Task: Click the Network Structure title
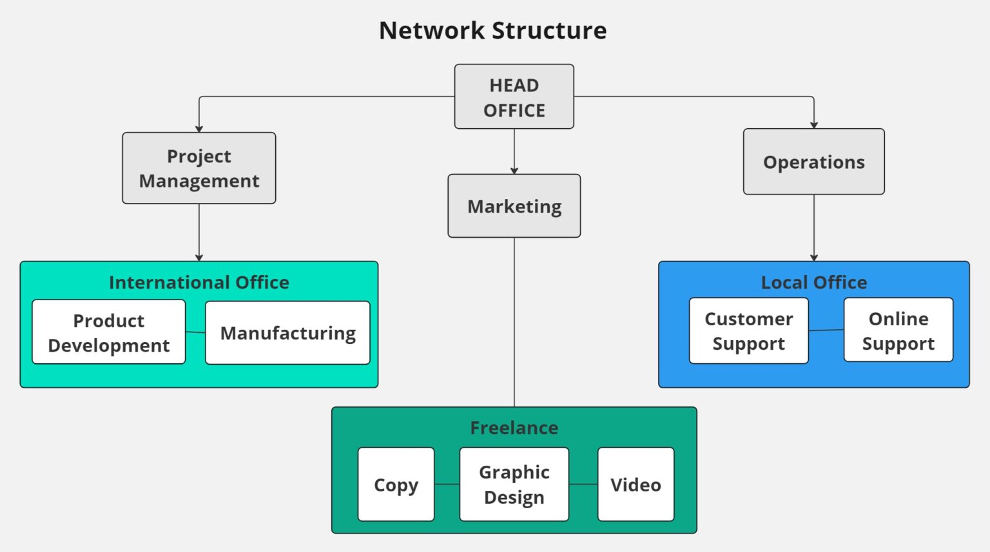492,30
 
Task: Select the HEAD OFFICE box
514,97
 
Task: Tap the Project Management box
199,168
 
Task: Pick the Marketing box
514,206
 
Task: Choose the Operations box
813,162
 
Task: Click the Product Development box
108,332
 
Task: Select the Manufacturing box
287,333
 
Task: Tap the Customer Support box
748,331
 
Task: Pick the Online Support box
898,330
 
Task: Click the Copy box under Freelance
396,484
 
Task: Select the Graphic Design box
514,484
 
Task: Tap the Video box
636,484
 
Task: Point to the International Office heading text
199,282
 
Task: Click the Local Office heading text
813,282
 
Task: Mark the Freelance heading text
514,428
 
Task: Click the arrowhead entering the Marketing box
514,171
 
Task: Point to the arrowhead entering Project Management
199,129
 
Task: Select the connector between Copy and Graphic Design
447,484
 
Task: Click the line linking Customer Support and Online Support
826,330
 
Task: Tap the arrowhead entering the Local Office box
814,258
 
